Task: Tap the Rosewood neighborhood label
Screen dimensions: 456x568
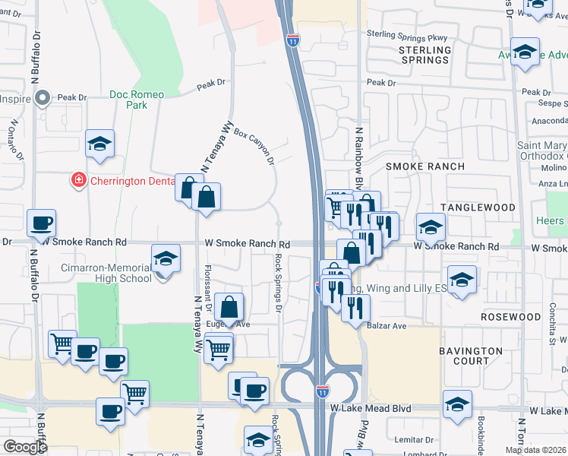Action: pyautogui.click(x=511, y=316)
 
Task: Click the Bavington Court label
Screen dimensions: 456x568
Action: pyautogui.click(x=471, y=356)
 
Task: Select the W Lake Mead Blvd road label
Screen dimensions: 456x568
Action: pyautogui.click(x=371, y=409)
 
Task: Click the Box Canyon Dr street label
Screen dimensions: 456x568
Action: pyautogui.click(x=254, y=147)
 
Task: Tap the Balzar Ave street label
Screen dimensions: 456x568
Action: pyautogui.click(x=390, y=326)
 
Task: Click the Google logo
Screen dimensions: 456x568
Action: pyautogui.click(x=25, y=447)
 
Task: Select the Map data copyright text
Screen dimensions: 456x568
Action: pyautogui.click(x=535, y=450)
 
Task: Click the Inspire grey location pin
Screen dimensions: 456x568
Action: pyautogui.click(x=43, y=98)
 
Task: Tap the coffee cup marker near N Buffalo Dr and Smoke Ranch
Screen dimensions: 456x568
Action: pyautogui.click(x=41, y=223)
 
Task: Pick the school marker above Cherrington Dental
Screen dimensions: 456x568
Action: pyautogui.click(x=99, y=143)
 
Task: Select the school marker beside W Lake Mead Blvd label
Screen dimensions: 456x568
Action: pyautogui.click(x=457, y=404)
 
